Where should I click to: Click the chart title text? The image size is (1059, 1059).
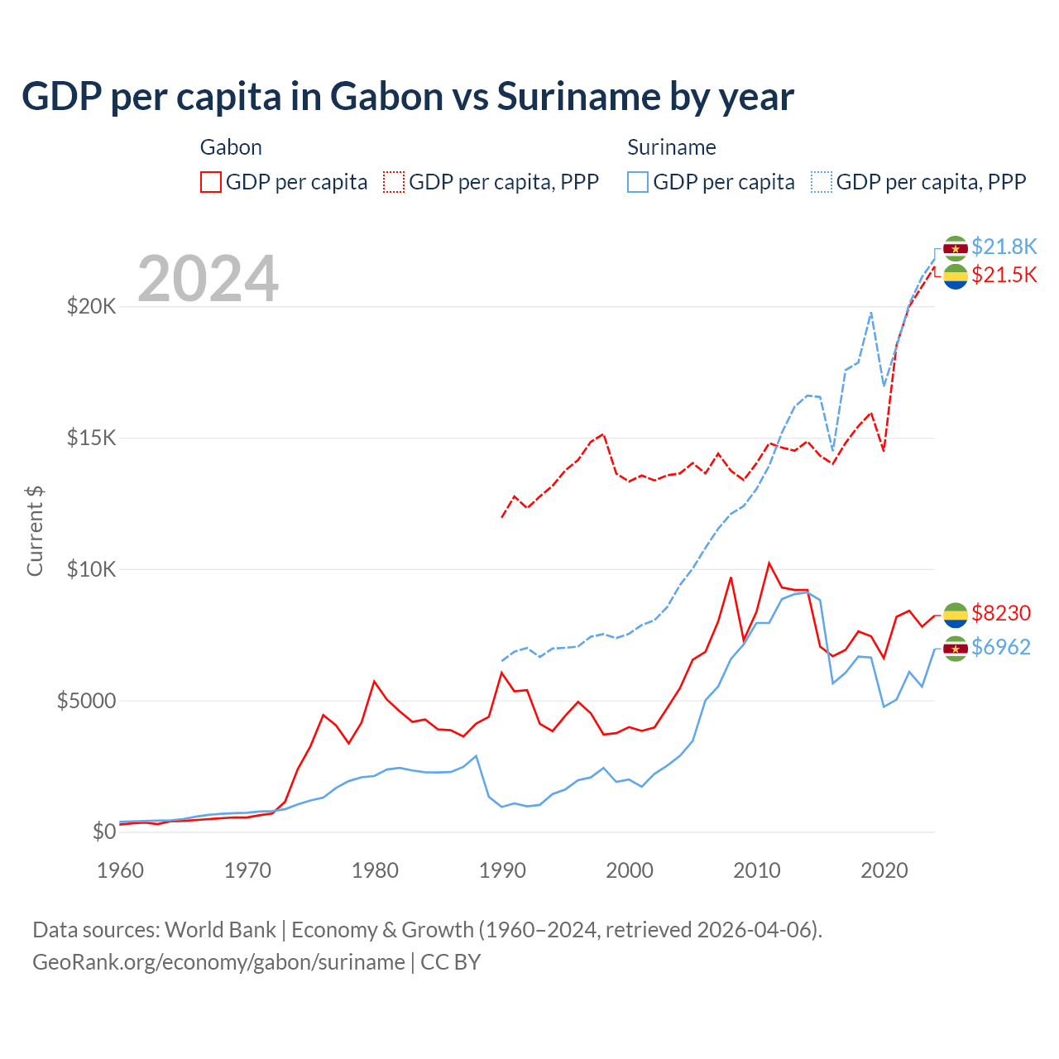point(407,97)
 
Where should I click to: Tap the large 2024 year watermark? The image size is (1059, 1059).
point(208,279)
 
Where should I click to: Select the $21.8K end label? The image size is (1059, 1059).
point(1004,247)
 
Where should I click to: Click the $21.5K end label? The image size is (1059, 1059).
point(1004,275)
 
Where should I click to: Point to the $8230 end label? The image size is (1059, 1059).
point(1000,613)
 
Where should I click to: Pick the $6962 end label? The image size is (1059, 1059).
point(1000,647)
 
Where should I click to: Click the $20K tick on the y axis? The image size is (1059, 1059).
point(91,307)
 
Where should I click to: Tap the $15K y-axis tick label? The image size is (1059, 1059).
point(91,438)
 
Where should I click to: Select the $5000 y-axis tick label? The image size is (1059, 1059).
point(86,701)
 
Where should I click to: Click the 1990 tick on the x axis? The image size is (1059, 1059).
point(502,870)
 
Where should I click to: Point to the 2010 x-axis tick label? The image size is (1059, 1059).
point(757,870)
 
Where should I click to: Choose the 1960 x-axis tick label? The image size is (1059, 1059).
point(121,870)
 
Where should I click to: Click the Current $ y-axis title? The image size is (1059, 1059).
point(35,531)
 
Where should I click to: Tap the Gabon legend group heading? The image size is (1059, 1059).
point(231,147)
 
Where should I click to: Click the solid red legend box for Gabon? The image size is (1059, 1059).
point(211,182)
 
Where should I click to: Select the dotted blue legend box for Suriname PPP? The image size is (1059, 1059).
point(822,182)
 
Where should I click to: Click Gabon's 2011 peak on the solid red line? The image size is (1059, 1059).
point(769,563)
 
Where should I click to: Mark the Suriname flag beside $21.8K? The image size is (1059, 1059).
point(956,248)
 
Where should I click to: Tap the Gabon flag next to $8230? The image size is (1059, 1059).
point(956,615)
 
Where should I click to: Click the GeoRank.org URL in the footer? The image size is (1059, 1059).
point(218,962)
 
